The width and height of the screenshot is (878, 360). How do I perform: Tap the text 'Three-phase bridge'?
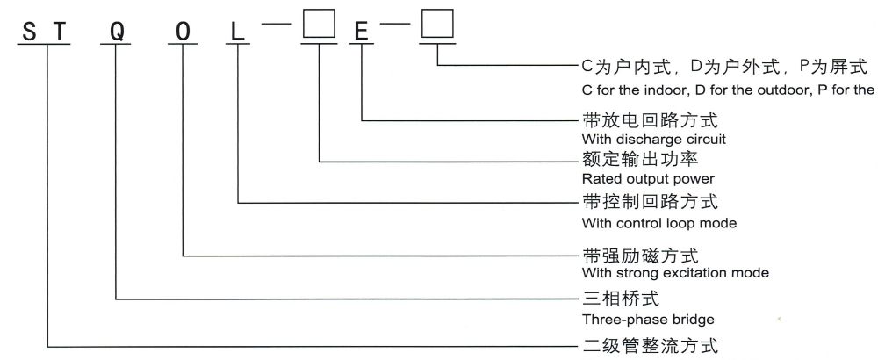coord(648,319)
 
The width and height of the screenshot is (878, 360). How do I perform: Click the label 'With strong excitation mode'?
coord(675,273)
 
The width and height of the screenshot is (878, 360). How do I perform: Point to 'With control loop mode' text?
coord(658,223)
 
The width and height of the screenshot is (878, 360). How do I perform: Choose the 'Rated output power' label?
coord(642,179)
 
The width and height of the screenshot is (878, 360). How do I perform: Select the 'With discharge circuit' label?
coord(653,139)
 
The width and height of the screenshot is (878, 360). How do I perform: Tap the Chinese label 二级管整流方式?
coord(650,344)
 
